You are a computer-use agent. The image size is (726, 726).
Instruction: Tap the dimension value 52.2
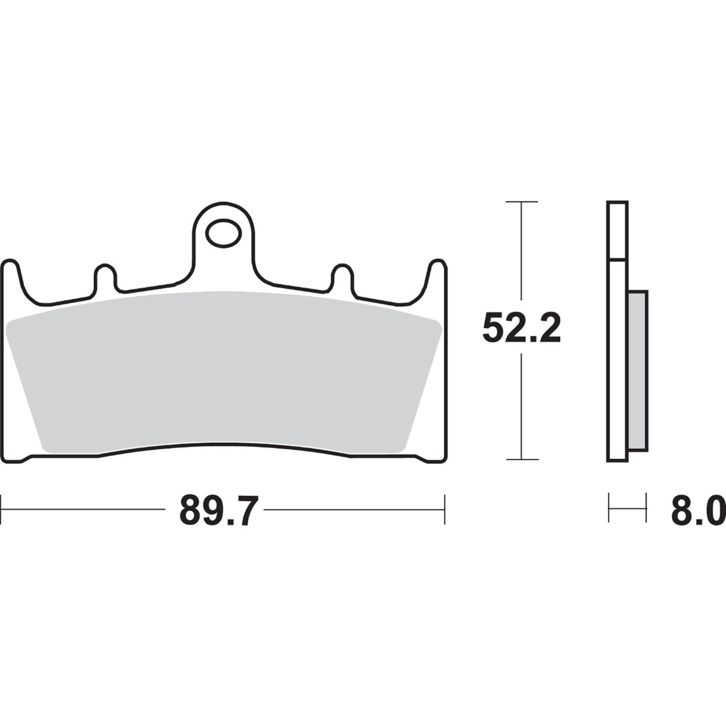(521, 327)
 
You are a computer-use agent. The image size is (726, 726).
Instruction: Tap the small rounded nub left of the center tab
(105, 276)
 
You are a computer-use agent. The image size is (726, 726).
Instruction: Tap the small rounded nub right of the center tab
(343, 276)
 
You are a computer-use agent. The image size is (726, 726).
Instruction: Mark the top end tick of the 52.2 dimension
(522, 201)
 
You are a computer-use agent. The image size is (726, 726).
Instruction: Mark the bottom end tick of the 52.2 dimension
(522, 459)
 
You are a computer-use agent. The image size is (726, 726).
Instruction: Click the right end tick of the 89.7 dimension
(445, 509)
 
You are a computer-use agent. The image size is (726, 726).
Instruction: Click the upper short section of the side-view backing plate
(617, 231)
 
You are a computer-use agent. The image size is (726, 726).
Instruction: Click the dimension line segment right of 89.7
(352, 509)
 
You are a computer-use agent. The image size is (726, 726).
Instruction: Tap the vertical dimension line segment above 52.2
(522, 251)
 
